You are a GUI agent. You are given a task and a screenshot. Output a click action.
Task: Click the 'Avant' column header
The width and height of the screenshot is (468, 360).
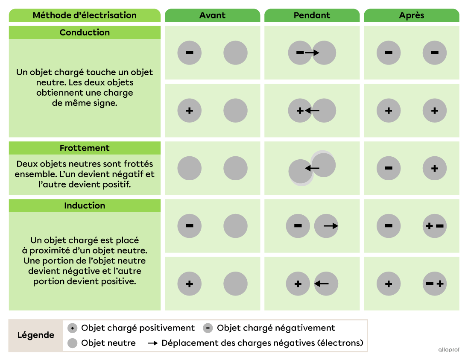(212, 15)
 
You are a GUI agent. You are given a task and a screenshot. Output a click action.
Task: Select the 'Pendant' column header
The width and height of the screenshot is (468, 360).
(312, 15)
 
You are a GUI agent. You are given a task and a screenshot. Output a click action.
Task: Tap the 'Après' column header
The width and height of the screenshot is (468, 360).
(411, 15)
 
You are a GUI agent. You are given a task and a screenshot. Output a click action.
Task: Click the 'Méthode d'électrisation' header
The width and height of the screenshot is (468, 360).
(85, 15)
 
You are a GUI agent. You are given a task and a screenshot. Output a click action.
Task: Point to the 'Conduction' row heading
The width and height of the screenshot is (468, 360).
(85, 32)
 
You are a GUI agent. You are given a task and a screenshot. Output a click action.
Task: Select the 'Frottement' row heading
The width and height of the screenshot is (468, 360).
(85, 148)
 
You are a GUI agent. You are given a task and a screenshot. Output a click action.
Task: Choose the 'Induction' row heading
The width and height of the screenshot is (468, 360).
(85, 206)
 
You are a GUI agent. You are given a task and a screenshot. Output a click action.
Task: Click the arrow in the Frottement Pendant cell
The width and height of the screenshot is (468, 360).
(312, 168)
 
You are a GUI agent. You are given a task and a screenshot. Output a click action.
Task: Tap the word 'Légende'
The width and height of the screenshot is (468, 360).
(36, 335)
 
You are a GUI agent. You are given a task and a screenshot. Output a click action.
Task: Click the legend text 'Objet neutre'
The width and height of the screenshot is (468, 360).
(108, 343)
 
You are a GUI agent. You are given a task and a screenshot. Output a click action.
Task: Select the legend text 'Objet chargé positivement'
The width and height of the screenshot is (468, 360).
(138, 328)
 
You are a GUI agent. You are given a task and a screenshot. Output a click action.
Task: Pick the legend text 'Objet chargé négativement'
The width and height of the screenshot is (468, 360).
(276, 328)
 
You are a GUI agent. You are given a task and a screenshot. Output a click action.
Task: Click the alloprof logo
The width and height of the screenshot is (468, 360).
(448, 349)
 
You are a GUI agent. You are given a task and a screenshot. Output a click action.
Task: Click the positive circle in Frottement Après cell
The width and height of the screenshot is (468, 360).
(435, 168)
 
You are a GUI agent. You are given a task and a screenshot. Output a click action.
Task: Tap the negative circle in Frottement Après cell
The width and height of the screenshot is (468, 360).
(389, 168)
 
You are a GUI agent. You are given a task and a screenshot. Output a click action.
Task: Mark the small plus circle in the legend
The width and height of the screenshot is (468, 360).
(73, 328)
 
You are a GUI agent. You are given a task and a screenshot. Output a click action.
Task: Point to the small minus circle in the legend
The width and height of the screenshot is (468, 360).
(208, 328)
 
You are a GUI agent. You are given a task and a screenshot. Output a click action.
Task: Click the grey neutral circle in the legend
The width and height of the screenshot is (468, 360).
(73, 343)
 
